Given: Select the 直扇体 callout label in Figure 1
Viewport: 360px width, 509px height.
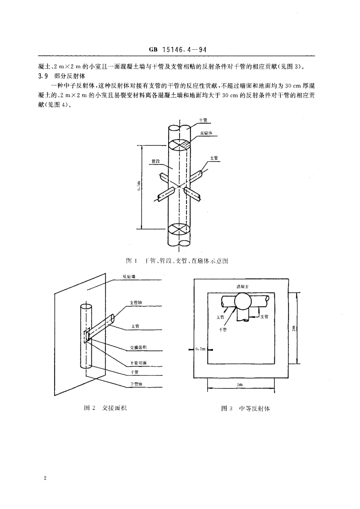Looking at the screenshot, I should pyautogui.click(x=207, y=133).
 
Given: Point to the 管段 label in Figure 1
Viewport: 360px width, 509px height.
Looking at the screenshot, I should pyautogui.click(x=156, y=161).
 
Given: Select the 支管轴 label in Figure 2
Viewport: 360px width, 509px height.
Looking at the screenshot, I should pyautogui.click(x=136, y=302).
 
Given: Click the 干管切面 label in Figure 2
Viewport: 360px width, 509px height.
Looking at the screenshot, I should pyautogui.click(x=135, y=363).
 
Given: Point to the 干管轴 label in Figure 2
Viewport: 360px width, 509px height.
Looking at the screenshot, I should pyautogui.click(x=136, y=384).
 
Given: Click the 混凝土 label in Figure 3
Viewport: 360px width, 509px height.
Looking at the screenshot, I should pyautogui.click(x=242, y=287).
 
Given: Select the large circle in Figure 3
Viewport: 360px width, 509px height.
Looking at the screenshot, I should pyautogui.click(x=243, y=302).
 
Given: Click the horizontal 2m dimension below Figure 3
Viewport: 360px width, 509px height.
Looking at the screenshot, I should pyautogui.click(x=239, y=384).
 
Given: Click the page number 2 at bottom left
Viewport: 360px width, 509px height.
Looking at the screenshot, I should pyautogui.click(x=45, y=478).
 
